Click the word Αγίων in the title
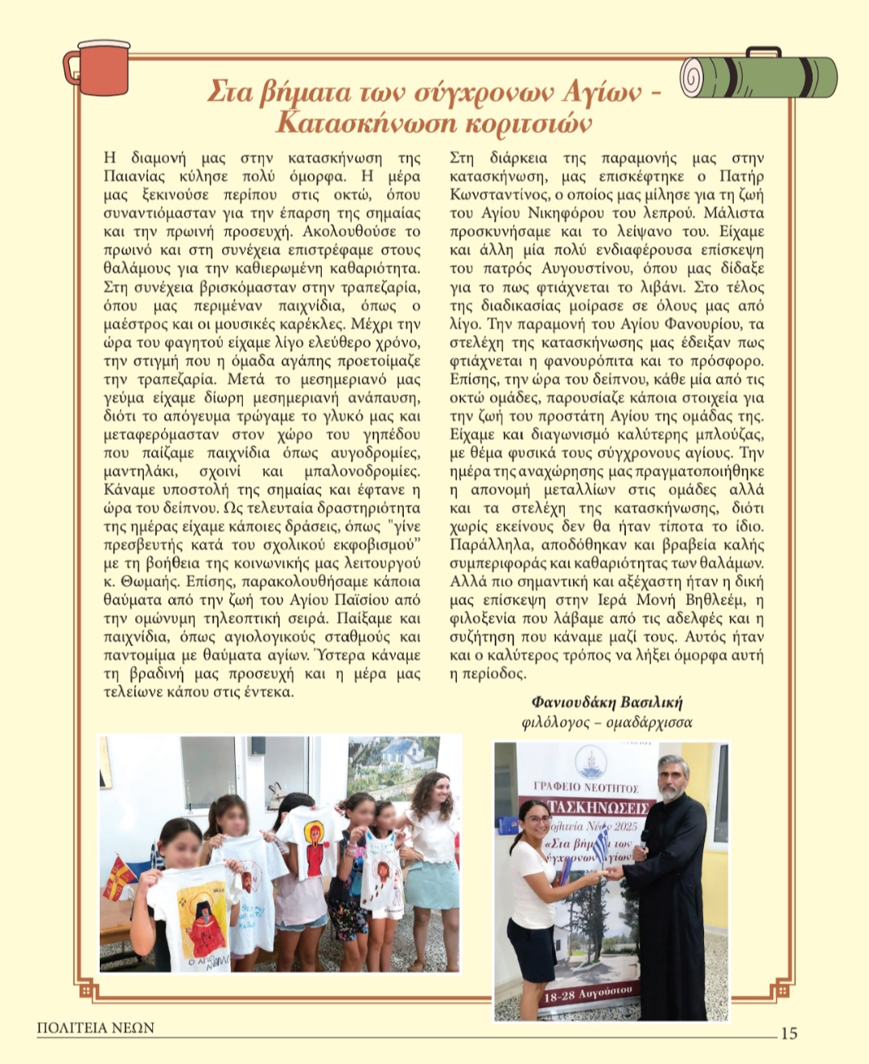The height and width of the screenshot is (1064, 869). click(601, 93)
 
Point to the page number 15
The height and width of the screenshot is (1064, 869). click(789, 1033)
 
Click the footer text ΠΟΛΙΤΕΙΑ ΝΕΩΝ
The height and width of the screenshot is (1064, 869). click(95, 1028)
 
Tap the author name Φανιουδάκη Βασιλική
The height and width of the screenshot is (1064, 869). click(607, 702)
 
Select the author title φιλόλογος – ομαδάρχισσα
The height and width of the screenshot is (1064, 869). click(607, 722)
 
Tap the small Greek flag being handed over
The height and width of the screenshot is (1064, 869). click(600, 845)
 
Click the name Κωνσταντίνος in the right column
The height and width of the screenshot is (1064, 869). click(491, 195)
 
